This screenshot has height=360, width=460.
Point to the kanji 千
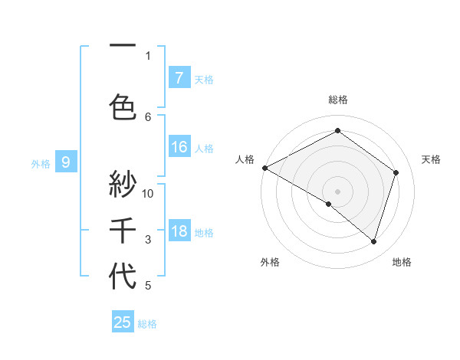(123, 230)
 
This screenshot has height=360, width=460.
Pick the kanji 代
(123, 276)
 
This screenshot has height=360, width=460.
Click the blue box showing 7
(179, 77)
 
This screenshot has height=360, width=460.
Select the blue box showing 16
(179, 147)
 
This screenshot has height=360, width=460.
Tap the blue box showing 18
(179, 231)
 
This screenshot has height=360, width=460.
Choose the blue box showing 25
(123, 322)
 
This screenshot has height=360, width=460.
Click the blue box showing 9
(66, 162)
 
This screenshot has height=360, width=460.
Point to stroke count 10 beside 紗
(149, 193)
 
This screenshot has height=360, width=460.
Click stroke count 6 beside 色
(149, 116)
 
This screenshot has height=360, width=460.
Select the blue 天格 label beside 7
(204, 79)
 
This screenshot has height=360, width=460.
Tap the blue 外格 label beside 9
(41, 163)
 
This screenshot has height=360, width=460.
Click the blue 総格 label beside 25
(148, 324)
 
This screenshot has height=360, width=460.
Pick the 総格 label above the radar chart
(337, 100)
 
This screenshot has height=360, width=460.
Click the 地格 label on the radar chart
(402, 262)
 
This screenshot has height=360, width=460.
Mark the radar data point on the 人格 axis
(264, 168)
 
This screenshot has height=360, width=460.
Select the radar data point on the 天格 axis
(396, 172)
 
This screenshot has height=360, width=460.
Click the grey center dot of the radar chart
(337, 191)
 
